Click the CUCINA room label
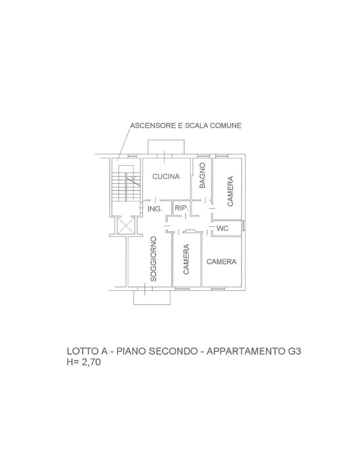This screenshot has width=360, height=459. pyautogui.click(x=166, y=176)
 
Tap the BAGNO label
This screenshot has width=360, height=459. pyautogui.click(x=202, y=175)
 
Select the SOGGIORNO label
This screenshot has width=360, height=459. pyautogui.click(x=153, y=259)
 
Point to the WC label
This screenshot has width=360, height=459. pyautogui.click(x=223, y=228)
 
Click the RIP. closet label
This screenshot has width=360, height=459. pyautogui.click(x=182, y=208)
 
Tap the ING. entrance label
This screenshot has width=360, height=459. pyautogui.click(x=155, y=209)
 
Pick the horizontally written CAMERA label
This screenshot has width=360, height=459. pyautogui.click(x=221, y=262)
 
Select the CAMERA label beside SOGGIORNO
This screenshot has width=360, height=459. pyautogui.click(x=186, y=259)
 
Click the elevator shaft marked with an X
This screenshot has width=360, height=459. pyautogui.click(x=126, y=226)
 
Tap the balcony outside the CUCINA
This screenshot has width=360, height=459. pyautogui.click(x=166, y=147)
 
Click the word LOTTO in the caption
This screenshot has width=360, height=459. pyautogui.click(x=81, y=351)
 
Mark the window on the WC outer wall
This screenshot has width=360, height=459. pyautogui.click(x=244, y=226)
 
